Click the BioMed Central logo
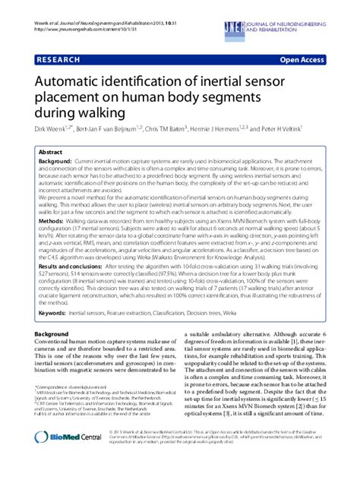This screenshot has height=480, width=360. [x=63, y=459]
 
